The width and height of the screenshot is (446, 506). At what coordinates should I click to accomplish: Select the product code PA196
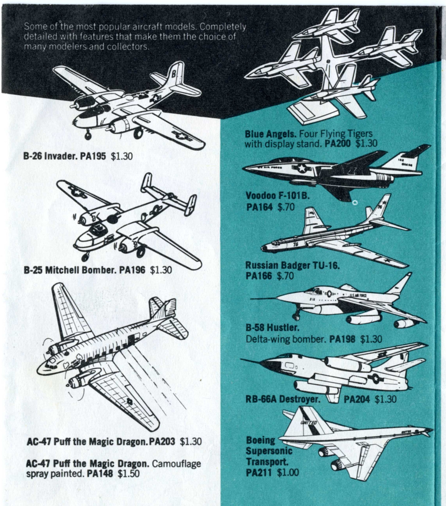[x=132, y=270]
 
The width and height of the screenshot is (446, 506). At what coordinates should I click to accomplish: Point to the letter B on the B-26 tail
[x=173, y=73]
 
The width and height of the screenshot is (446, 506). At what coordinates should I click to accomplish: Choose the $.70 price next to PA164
[x=286, y=207]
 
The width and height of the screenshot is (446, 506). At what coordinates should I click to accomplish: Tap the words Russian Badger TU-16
[x=292, y=265]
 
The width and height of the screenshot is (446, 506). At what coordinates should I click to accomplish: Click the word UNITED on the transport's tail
[x=309, y=423]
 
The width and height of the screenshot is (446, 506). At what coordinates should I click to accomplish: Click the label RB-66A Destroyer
[x=282, y=399]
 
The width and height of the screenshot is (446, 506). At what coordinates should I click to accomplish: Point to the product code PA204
[x=356, y=399]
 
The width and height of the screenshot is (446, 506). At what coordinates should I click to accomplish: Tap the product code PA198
[x=342, y=339]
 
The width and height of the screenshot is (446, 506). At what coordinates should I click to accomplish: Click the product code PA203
[x=162, y=442]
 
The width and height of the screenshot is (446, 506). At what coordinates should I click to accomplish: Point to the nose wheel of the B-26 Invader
[x=88, y=135]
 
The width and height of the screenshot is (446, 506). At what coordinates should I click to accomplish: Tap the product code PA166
[x=259, y=276]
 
